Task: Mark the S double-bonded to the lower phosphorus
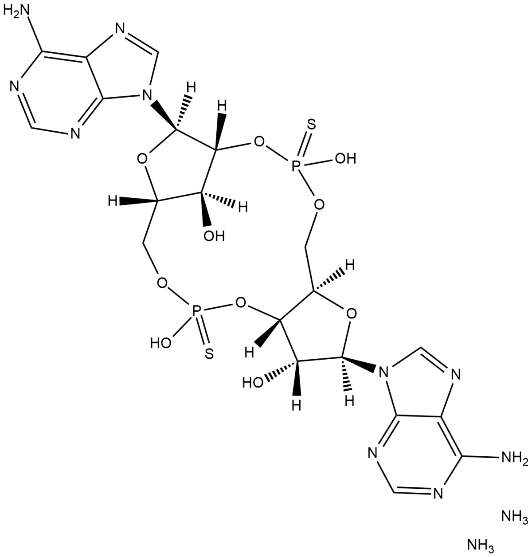click(210, 353)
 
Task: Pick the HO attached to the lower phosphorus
click(161, 342)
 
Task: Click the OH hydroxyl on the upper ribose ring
click(214, 236)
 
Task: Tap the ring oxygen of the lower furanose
click(351, 314)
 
